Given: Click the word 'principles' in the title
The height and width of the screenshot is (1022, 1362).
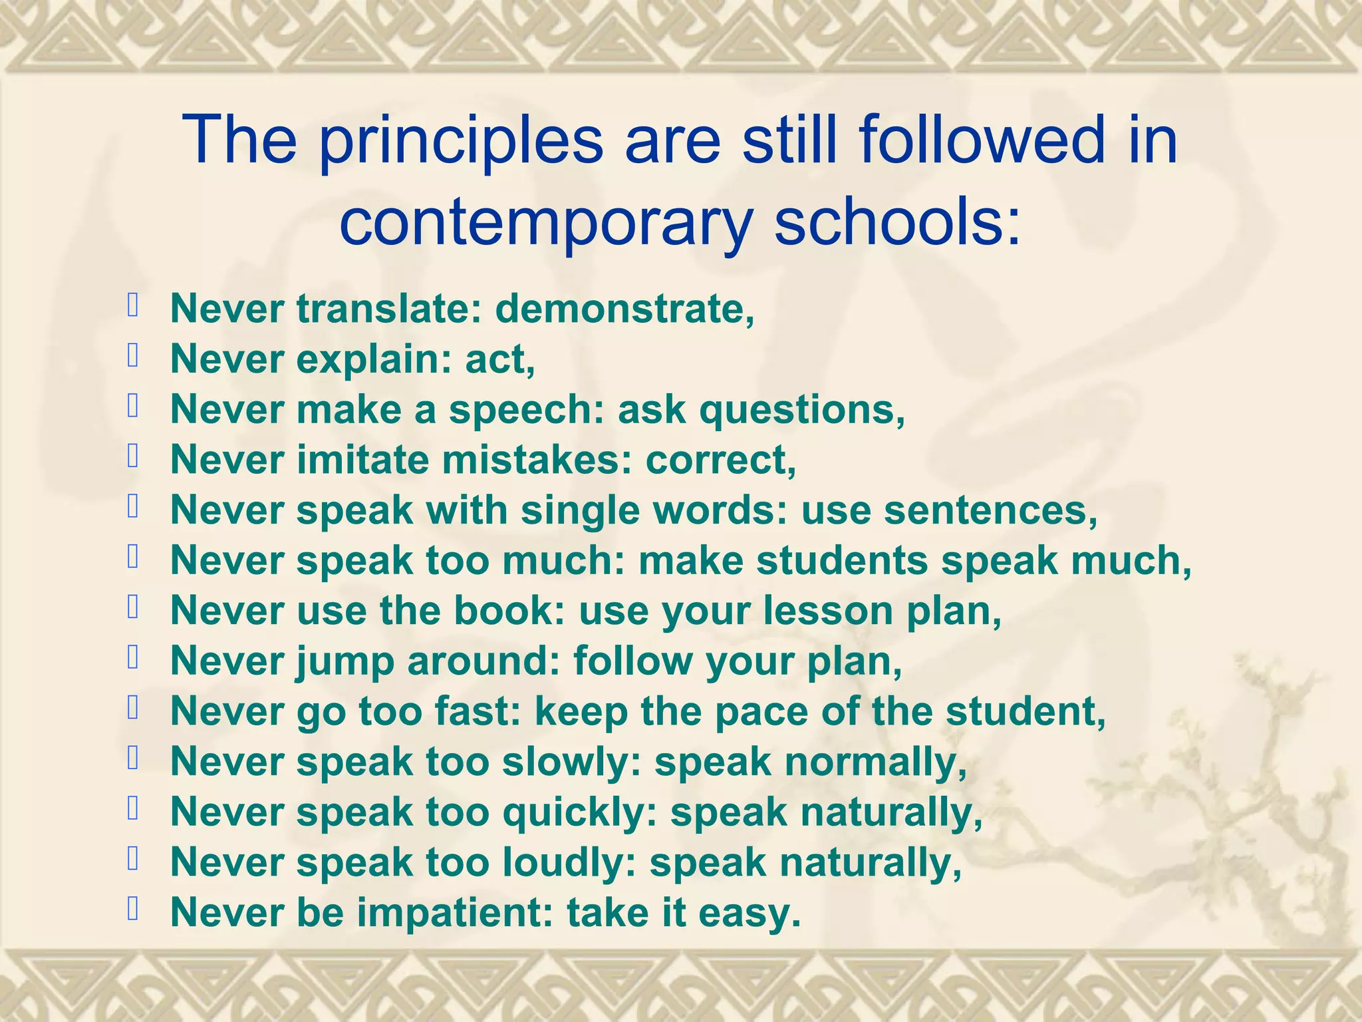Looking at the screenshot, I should [x=460, y=141].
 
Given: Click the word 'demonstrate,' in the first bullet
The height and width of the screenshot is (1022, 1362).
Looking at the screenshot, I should [x=625, y=309].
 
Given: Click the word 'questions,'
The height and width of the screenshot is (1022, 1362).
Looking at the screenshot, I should [x=802, y=410].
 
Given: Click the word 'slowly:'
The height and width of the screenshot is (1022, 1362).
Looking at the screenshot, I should [x=572, y=762].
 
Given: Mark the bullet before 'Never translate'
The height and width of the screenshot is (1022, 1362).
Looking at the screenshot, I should [x=133, y=306].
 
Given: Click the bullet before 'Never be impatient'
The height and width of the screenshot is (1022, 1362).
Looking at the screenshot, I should [x=133, y=909].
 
